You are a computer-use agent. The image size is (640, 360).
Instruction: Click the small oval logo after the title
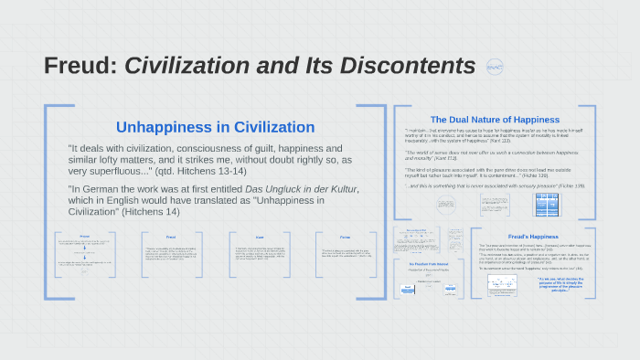pyautogui.click(x=495, y=67)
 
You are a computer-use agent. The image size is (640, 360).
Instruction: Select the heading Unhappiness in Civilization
pyautogui.click(x=215, y=127)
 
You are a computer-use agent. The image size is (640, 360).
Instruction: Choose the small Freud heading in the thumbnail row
pyautogui.click(x=171, y=236)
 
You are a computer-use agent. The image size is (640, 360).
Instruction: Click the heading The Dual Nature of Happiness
pyautogui.click(x=495, y=120)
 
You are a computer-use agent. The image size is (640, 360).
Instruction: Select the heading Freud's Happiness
pyautogui.click(x=531, y=237)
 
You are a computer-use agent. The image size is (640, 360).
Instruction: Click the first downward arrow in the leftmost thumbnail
pyautogui.click(x=84, y=250)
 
